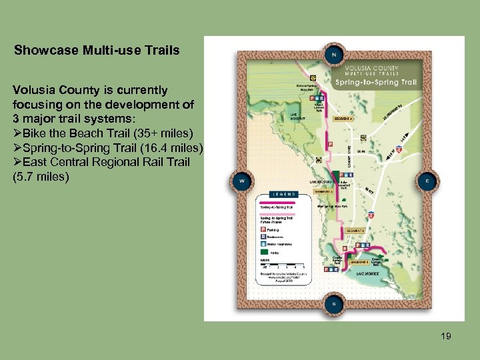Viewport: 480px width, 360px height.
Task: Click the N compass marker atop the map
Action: coord(333,54)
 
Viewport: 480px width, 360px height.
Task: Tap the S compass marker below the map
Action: coord(333,304)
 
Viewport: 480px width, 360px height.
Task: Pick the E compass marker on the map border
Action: coord(427,180)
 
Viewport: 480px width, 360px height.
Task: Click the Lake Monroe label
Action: coord(368,273)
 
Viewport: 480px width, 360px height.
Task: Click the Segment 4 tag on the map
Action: coord(344,119)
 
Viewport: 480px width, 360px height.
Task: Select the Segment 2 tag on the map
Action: coord(355,231)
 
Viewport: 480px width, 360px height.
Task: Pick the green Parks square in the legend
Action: coord(262,253)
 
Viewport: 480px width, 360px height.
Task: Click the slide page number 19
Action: coord(446,337)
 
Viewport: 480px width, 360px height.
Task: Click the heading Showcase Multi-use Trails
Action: coord(97,50)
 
